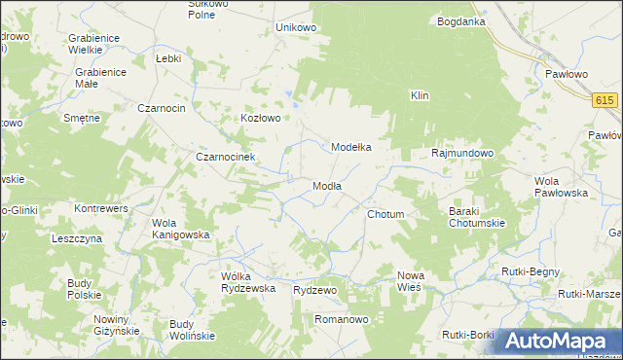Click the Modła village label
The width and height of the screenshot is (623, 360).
[326, 186]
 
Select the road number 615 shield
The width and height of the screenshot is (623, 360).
[605, 100]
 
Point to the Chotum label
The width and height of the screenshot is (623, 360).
[385, 213]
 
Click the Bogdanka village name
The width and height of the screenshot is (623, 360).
[461, 20]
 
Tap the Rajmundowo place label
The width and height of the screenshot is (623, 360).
[462, 153]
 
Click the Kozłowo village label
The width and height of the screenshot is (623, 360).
[261, 118]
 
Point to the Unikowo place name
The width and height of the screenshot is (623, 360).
[296, 27]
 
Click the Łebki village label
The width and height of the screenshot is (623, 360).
[169, 58]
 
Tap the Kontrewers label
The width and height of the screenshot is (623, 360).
[101, 208]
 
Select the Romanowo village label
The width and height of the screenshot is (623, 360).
[339, 318]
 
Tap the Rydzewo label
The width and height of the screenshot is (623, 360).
[314, 290]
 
